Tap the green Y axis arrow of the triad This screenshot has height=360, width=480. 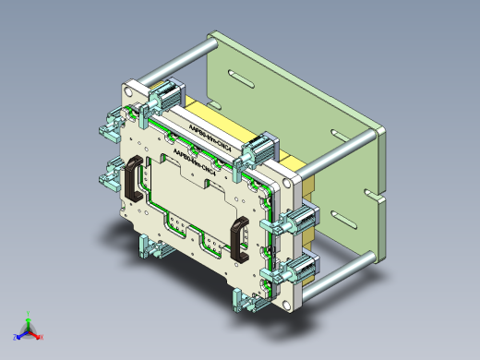(29, 315)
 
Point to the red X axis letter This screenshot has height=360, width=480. (42, 338)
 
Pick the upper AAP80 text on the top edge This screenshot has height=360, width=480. (212, 129)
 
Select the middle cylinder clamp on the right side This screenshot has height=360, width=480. (300, 222)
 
